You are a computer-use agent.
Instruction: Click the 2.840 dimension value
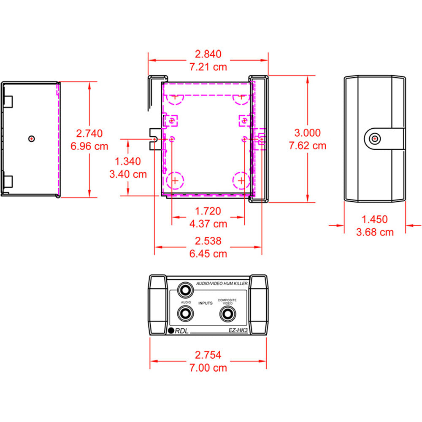(x=208, y=54)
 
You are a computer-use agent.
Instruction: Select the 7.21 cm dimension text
(x=208, y=66)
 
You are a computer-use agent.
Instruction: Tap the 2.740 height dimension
(x=89, y=134)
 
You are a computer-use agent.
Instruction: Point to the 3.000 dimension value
(x=307, y=133)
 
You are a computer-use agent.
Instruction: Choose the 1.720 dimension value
(x=208, y=211)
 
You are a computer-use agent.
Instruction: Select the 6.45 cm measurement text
(x=208, y=253)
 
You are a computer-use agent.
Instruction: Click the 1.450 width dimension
(x=375, y=219)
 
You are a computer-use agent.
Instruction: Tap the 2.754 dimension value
(x=208, y=355)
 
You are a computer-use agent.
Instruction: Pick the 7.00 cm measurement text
(x=208, y=368)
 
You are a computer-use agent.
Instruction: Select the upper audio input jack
(x=185, y=290)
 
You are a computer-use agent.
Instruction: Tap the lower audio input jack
(x=185, y=314)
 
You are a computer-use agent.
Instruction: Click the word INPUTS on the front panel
(x=205, y=303)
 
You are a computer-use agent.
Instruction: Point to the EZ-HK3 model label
(x=237, y=332)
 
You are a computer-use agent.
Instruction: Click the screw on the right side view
(x=374, y=139)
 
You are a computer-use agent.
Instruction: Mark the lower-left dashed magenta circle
(x=175, y=181)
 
